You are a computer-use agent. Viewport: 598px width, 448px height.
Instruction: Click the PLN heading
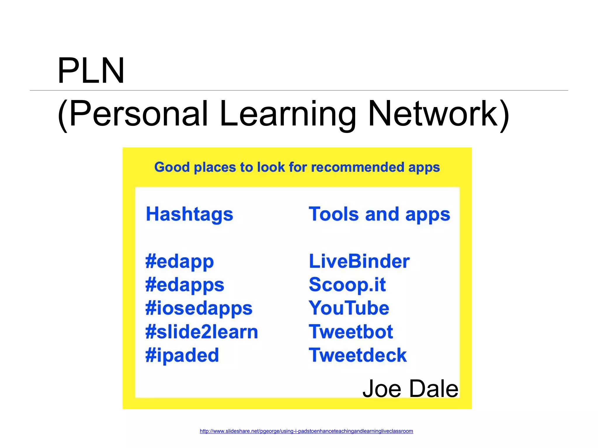(x=91, y=71)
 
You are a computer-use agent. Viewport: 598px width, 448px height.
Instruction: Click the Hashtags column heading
(x=190, y=214)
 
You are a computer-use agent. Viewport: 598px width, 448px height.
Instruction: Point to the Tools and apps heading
(x=379, y=214)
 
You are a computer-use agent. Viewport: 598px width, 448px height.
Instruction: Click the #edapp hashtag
(x=180, y=261)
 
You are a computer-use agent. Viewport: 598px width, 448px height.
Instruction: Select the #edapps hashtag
(x=185, y=285)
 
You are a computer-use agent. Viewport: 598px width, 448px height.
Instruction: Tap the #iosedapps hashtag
(x=199, y=309)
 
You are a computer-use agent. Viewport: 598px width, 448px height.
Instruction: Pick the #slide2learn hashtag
(x=201, y=332)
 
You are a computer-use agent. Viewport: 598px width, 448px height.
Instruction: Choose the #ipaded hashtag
(x=182, y=356)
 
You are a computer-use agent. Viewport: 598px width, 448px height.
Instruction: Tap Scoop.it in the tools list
(x=347, y=285)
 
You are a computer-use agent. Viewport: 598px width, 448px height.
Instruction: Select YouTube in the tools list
(x=349, y=308)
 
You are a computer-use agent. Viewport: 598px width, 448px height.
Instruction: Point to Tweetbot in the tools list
(x=351, y=332)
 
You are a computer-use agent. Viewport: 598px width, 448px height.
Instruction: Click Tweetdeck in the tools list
(x=358, y=355)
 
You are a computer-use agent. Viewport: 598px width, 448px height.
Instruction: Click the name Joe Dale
(x=410, y=389)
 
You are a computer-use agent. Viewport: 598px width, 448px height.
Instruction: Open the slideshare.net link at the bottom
(x=306, y=431)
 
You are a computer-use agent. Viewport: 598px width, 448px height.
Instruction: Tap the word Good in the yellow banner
(x=172, y=167)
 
